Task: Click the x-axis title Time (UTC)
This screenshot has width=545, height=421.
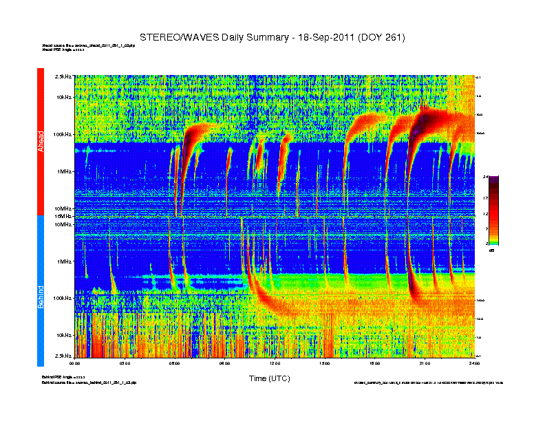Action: coord(269,378)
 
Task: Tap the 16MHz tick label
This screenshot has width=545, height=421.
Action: coord(63,216)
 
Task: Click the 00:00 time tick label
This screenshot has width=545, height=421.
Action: coord(76,363)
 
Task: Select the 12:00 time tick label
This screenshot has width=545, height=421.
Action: coord(275,363)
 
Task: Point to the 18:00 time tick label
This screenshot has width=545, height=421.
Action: coord(374,363)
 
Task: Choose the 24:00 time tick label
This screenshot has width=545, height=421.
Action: coord(473,363)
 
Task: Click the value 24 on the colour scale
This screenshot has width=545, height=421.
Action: coord(486,177)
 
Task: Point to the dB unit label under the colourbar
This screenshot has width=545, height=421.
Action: coord(492,250)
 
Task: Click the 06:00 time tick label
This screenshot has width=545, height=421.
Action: coord(175,363)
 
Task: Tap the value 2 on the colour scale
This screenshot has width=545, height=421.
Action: coord(487,244)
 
